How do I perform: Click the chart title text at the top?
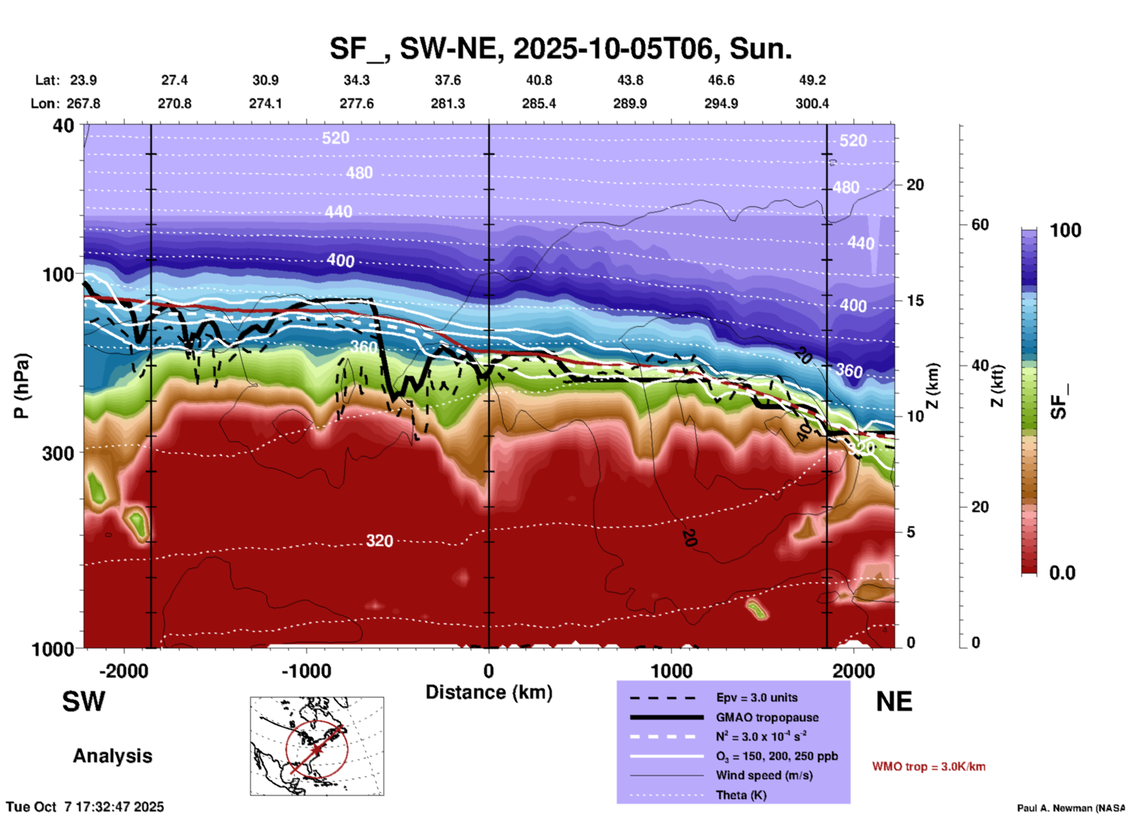(x=561, y=48)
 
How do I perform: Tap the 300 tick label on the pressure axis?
(x=58, y=453)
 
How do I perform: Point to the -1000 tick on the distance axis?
(x=306, y=671)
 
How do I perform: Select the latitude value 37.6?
(x=448, y=80)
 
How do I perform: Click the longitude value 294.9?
(x=721, y=103)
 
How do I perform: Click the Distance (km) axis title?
(x=489, y=692)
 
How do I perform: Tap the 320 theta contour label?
(x=379, y=541)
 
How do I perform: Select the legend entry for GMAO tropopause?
(x=767, y=717)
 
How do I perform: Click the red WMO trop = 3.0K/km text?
(x=928, y=766)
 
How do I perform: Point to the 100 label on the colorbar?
(x=1065, y=230)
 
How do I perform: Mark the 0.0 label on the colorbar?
(x=1062, y=573)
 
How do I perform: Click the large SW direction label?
(x=84, y=702)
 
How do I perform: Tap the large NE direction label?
(x=894, y=702)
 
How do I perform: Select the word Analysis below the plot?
(x=112, y=756)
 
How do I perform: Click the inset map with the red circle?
(x=317, y=746)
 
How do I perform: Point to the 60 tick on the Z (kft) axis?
(x=980, y=225)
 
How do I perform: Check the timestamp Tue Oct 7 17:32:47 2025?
(x=85, y=807)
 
